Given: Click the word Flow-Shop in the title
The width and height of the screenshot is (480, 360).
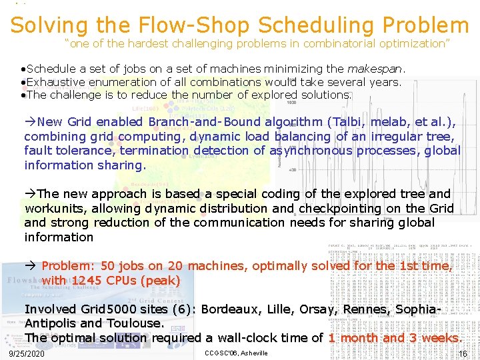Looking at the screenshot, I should pos(193,25).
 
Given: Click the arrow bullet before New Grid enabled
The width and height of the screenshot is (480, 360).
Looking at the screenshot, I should pos(30,122).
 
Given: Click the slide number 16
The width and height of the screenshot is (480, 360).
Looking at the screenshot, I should pos(462,353).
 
